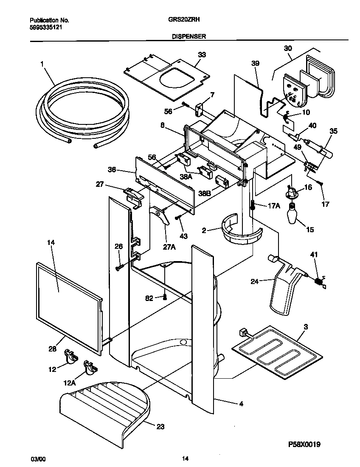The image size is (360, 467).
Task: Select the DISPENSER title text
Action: point(189,37)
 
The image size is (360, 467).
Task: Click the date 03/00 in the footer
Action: point(37,459)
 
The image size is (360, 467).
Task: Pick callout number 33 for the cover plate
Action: point(202,55)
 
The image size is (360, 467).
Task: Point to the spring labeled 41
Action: point(318,281)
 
